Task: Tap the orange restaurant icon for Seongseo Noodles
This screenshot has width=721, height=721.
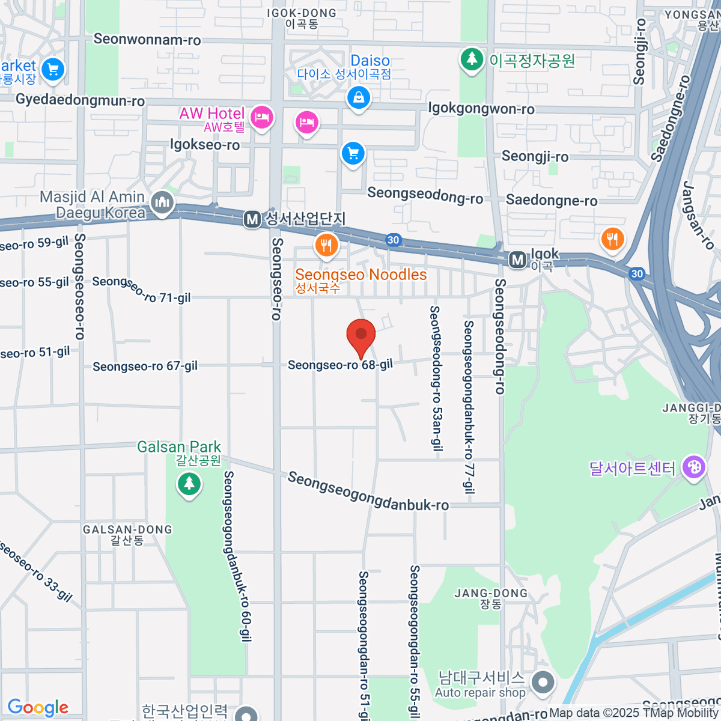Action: click(x=326, y=245)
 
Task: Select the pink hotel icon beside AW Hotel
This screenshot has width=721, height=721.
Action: click(x=262, y=117)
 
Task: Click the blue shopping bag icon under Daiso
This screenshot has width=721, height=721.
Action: click(x=359, y=97)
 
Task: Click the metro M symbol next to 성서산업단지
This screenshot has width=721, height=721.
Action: click(x=252, y=220)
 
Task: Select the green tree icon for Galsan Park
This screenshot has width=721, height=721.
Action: click(x=189, y=482)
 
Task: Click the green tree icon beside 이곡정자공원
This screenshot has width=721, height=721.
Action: click(x=472, y=59)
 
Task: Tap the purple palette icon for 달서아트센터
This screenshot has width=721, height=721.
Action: click(x=694, y=467)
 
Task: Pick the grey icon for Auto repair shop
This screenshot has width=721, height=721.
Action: click(x=543, y=683)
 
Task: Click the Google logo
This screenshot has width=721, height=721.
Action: click(x=38, y=708)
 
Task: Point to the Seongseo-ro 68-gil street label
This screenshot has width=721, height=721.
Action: click(x=340, y=365)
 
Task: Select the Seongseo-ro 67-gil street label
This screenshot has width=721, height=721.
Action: click(x=145, y=366)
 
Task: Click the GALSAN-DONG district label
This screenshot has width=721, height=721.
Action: click(x=127, y=529)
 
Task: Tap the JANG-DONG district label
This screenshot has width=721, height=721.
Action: click(x=491, y=593)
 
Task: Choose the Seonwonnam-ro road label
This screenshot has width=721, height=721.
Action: click(x=147, y=40)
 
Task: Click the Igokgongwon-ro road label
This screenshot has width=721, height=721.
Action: click(x=481, y=109)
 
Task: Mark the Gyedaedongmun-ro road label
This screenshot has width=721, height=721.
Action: click(x=81, y=100)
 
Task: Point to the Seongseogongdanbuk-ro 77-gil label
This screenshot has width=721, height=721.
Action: click(x=469, y=407)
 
